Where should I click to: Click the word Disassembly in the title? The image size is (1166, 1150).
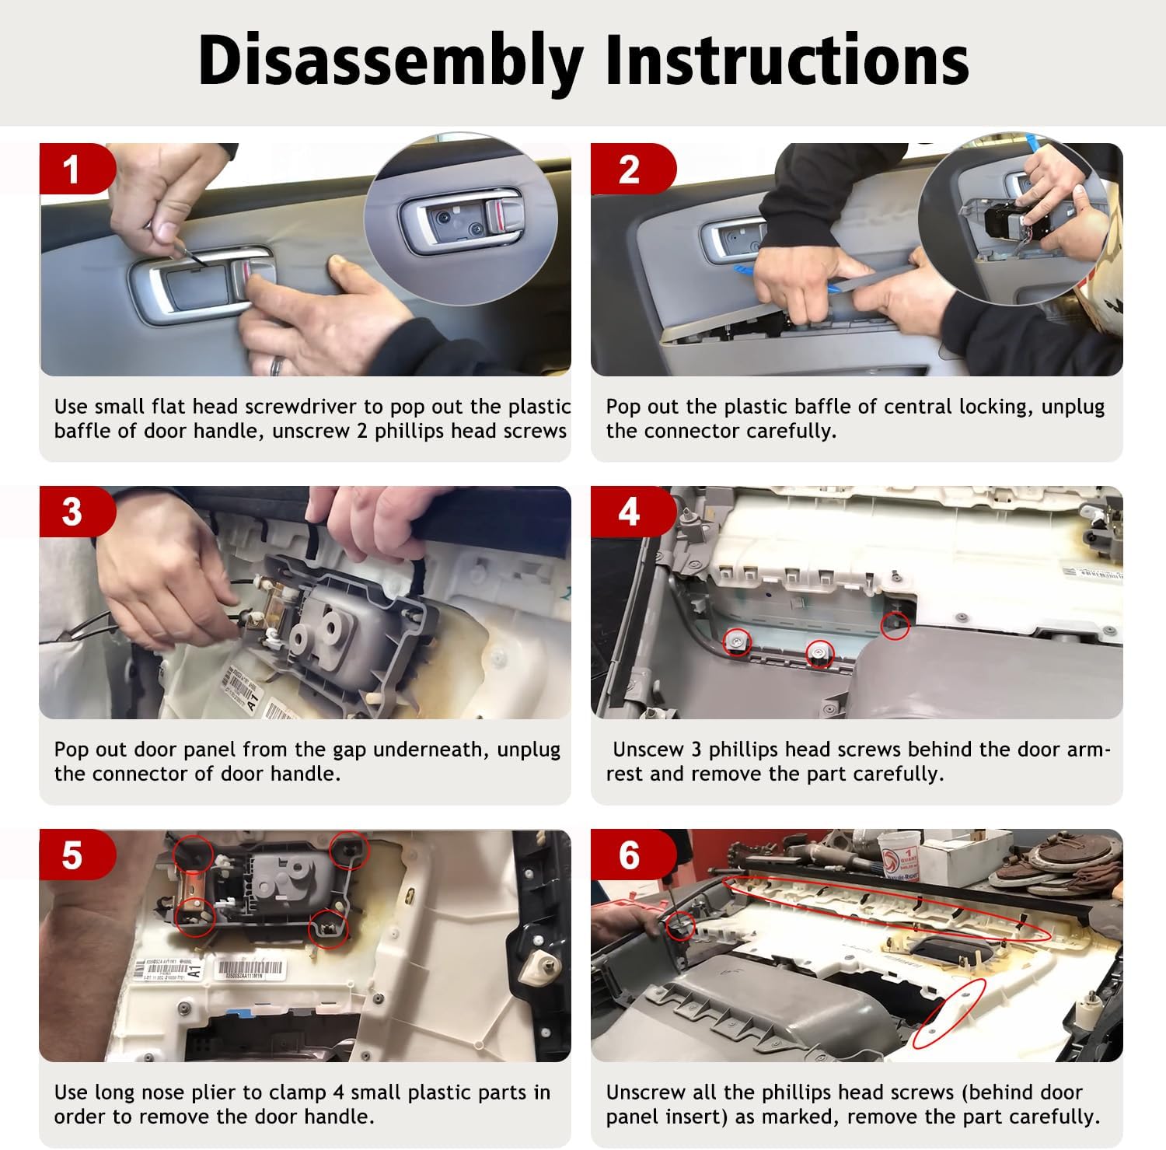pos(391,61)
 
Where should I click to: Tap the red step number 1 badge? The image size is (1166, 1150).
pos(74,169)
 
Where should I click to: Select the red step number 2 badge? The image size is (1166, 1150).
pos(630,169)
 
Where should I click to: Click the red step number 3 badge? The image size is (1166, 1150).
pos(74,512)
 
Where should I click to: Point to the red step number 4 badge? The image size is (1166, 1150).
pos(630,512)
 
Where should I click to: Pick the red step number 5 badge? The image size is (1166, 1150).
pos(74,855)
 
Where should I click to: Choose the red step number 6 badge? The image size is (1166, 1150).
pos(630,855)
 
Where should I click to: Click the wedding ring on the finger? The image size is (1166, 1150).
pos(277,365)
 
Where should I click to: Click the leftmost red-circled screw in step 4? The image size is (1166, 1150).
pos(737,641)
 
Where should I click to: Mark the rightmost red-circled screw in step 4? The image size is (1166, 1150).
pos(895,626)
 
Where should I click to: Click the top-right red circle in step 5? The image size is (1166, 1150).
pos(347,849)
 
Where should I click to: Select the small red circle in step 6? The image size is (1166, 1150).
pos(681,926)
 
